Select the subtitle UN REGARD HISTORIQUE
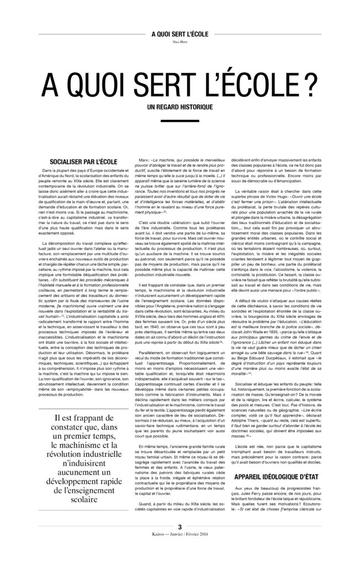coord(180,105)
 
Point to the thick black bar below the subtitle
coord(180,122)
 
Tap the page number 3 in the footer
coord(180,543)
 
